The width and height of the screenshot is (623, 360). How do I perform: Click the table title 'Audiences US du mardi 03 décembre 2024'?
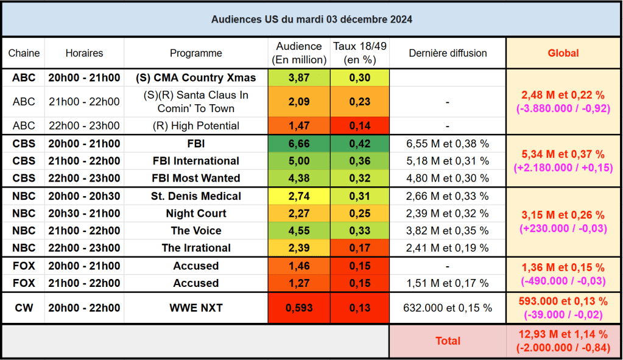[311, 19]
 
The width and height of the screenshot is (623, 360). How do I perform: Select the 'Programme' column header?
[196, 53]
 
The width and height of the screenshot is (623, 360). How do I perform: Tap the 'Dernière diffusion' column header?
[448, 53]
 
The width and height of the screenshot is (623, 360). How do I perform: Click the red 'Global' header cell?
[563, 53]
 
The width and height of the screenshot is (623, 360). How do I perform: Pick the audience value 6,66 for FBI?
[299, 144]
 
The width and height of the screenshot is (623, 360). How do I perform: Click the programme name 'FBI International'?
[196, 161]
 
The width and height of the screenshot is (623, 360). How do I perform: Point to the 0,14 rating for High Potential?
[360, 126]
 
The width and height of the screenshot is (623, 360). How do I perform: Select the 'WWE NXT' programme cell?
[196, 308]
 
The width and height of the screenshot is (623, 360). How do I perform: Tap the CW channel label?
[24, 308]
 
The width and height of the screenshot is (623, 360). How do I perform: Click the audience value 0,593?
[299, 308]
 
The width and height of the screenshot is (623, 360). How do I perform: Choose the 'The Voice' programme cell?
[196, 231]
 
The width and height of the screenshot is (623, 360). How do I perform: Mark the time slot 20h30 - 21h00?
[84, 214]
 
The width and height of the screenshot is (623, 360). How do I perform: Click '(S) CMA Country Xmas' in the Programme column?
[196, 78]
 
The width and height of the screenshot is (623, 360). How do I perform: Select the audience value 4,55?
[299, 231]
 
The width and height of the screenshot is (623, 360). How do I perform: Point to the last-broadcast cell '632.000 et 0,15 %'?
[448, 308]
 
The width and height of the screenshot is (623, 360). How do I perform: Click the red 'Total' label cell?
[448, 341]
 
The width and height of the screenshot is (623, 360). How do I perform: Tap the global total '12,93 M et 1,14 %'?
[563, 334]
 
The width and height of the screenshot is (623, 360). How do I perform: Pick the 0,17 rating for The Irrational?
[360, 248]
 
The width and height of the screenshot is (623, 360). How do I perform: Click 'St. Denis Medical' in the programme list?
[196, 197]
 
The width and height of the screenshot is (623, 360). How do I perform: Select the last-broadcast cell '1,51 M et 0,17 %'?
[448, 283]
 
